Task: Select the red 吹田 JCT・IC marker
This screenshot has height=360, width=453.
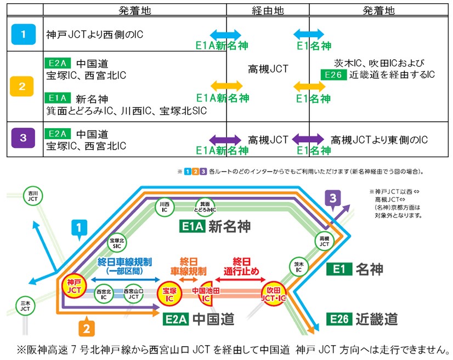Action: pyautogui.click(x=273, y=292)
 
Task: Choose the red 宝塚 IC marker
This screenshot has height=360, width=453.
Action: pyautogui.click(x=168, y=293)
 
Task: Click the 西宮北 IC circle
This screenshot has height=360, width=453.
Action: pyautogui.click(x=103, y=293)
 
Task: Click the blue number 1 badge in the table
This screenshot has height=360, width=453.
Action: pyautogui.click(x=23, y=35)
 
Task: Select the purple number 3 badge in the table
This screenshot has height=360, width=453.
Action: pyautogui.click(x=23, y=138)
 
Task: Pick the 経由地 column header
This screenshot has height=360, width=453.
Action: pyautogui.click(x=267, y=10)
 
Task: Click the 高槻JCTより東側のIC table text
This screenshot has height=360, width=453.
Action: pyautogui.click(x=379, y=140)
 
